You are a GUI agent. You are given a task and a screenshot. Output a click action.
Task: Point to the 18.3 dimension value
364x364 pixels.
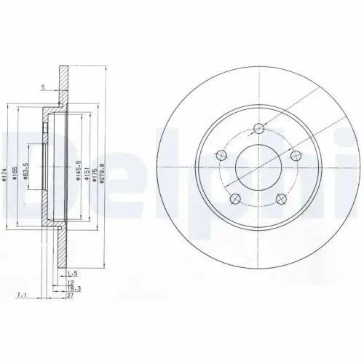[x=74, y=288]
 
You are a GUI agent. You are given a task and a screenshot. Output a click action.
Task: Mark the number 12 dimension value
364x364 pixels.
[x=71, y=281]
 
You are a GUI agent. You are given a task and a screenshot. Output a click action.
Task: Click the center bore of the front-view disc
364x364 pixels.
[x=259, y=168]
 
